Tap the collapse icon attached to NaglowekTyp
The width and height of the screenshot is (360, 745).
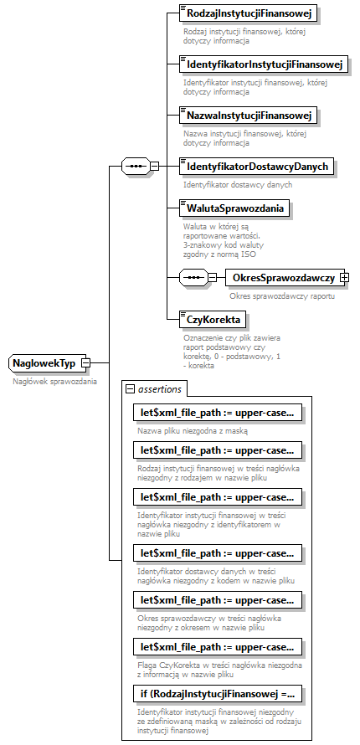pos(85,363)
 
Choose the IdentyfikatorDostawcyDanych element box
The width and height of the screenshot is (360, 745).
pos(257,167)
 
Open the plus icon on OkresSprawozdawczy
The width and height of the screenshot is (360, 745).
pos(344,277)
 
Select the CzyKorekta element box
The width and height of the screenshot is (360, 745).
pos(213,319)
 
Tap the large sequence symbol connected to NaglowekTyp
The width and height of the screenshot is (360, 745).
pos(135,167)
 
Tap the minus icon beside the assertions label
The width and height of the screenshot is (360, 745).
pos(130,388)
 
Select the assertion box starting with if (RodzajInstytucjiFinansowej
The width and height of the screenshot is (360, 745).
pos(217,693)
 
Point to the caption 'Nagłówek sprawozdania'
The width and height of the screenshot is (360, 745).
pos(54,381)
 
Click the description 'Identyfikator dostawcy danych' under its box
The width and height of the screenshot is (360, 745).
pos(238,184)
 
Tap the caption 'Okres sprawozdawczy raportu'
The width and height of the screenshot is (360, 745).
pos(282,295)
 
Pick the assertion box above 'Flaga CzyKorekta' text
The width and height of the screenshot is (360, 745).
pos(217,646)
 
